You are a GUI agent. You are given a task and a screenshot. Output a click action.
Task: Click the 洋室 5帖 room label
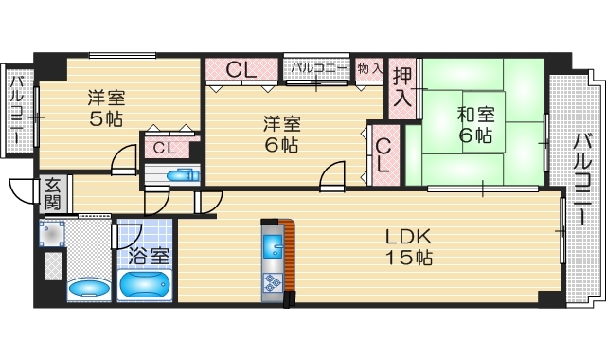105,107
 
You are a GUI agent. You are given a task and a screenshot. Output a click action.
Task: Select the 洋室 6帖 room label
281,134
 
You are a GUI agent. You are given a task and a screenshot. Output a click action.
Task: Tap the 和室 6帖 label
475,125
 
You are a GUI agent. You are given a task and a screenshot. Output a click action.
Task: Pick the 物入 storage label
369,68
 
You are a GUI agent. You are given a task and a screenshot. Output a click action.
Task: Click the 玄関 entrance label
52,194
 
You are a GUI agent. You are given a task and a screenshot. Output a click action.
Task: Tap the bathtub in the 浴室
145,285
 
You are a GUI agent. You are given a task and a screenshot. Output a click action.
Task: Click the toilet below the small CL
179,174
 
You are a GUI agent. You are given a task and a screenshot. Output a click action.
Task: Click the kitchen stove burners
273,281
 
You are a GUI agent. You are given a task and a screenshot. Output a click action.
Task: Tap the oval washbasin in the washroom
89,287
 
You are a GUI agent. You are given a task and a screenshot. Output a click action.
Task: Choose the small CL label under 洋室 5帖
164,147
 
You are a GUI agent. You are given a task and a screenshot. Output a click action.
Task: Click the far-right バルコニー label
583,180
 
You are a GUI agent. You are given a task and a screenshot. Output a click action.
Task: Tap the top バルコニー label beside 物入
317,68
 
